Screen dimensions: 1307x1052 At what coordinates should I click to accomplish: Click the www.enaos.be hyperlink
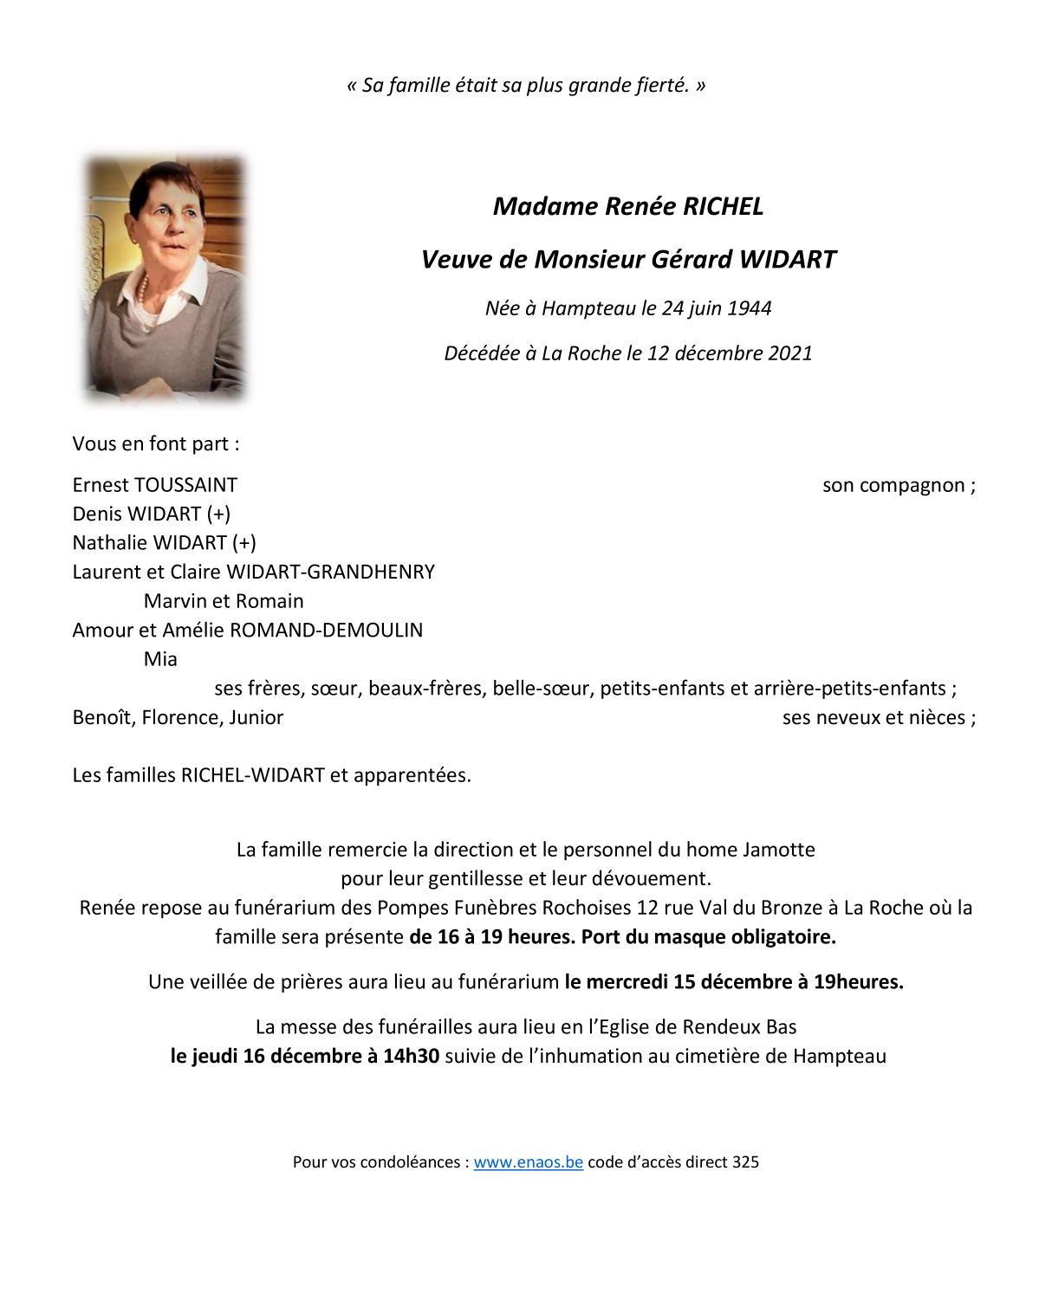(528, 1162)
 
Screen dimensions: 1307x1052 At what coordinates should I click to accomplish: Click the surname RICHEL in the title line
(723, 206)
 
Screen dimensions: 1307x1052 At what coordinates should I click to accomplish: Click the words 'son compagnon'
(893, 485)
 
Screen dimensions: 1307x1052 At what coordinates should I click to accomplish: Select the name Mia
(160, 659)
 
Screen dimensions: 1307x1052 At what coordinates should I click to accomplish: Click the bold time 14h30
(411, 1056)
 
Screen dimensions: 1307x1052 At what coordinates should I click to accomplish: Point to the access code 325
(745, 1162)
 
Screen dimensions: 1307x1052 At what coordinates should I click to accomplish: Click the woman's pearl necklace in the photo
(144, 290)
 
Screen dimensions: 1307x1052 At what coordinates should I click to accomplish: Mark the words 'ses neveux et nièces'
(873, 718)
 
